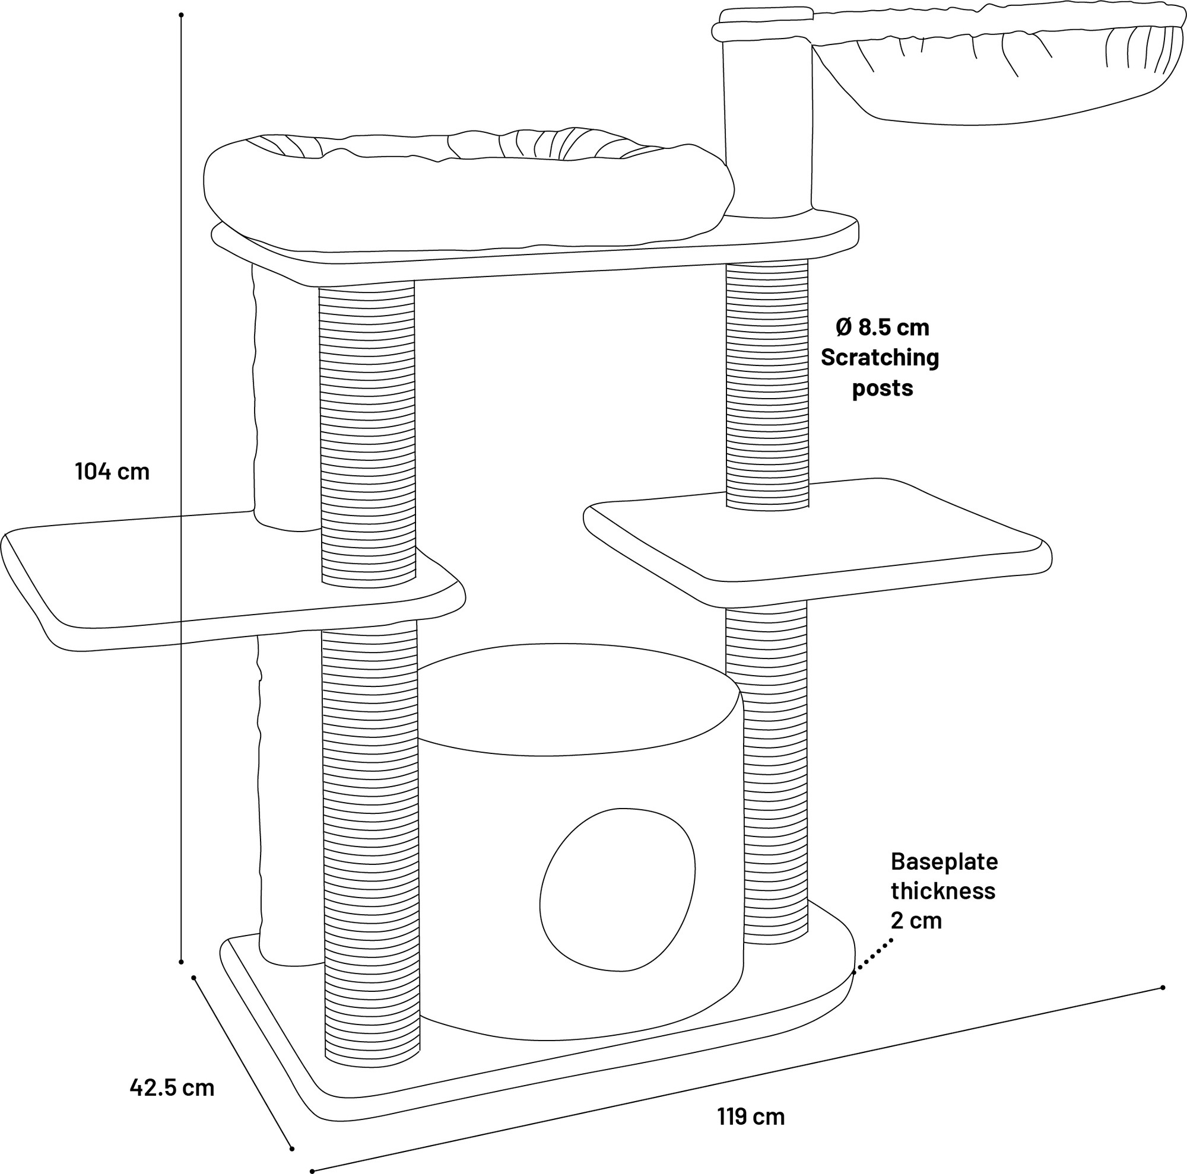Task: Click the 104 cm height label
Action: coord(112,472)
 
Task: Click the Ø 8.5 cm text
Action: coord(883,327)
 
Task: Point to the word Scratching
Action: coord(880,357)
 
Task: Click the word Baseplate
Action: coord(944,861)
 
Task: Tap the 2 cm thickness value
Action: coord(916,921)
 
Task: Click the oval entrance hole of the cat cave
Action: coord(617,890)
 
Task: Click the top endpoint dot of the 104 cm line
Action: coord(181,15)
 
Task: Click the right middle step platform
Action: coord(817,540)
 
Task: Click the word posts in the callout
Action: coord(883,388)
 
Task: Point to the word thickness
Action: coord(943,891)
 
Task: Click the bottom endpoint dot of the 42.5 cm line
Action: coord(292,1149)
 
